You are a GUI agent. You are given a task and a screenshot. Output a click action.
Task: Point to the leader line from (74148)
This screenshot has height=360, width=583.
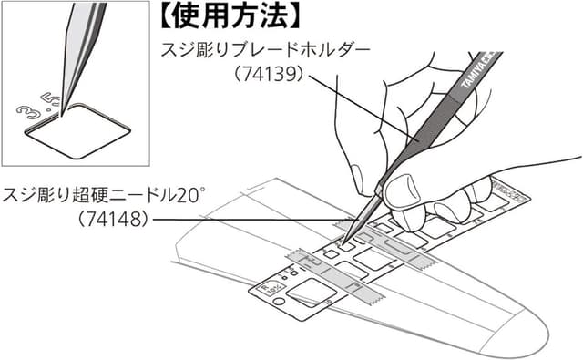pyautogui.click(x=246, y=220)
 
